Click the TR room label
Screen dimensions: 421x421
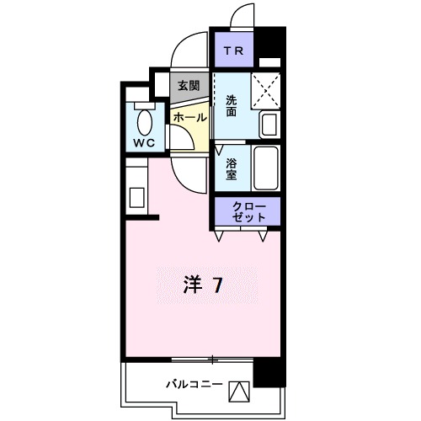(234, 49)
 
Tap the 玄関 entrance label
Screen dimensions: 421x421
(189, 85)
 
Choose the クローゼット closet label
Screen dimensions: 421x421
(248, 212)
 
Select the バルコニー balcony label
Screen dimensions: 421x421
(194, 384)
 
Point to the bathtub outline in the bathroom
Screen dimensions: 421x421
(267, 168)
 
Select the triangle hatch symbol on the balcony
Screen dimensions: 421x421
(240, 392)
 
